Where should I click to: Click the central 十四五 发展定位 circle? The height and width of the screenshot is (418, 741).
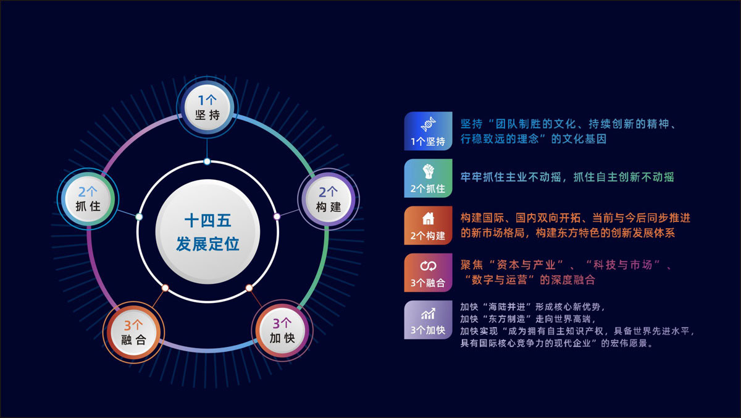pyautogui.click(x=207, y=232)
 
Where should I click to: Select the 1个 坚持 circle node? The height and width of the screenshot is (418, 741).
pyautogui.click(x=207, y=108)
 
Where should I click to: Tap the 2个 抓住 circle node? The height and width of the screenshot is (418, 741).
pyautogui.click(x=88, y=199)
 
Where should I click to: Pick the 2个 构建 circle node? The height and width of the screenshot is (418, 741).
pyautogui.click(x=329, y=199)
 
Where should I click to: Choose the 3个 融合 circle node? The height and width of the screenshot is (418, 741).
pyautogui.click(x=133, y=332)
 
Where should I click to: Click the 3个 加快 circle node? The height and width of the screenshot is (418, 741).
pyautogui.click(x=282, y=331)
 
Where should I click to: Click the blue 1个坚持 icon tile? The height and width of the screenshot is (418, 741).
pyautogui.click(x=428, y=131)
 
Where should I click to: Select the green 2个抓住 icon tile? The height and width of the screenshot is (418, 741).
pyautogui.click(x=428, y=178)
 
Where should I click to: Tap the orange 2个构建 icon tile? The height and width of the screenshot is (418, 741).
pyautogui.click(x=428, y=226)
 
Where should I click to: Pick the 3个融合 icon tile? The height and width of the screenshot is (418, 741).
pyautogui.click(x=428, y=273)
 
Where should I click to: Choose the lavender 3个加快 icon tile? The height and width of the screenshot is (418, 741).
pyautogui.click(x=428, y=320)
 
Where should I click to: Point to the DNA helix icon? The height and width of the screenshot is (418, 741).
pyautogui.click(x=428, y=124)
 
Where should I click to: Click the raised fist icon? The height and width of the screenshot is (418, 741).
pyautogui.click(x=428, y=171)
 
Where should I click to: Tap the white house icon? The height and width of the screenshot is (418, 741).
pyautogui.click(x=428, y=219)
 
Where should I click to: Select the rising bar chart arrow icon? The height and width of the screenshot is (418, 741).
pyautogui.click(x=428, y=313)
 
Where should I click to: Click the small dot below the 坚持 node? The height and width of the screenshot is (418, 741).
pyautogui.click(x=207, y=161)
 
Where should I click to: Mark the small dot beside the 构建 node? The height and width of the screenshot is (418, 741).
pyautogui.click(x=277, y=216)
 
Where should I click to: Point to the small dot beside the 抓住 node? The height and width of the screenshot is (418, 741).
pyautogui.click(x=139, y=217)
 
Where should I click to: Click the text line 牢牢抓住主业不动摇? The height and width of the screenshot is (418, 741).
pyautogui.click(x=510, y=177)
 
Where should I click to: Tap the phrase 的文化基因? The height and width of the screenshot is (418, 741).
pyautogui.click(x=579, y=139)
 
